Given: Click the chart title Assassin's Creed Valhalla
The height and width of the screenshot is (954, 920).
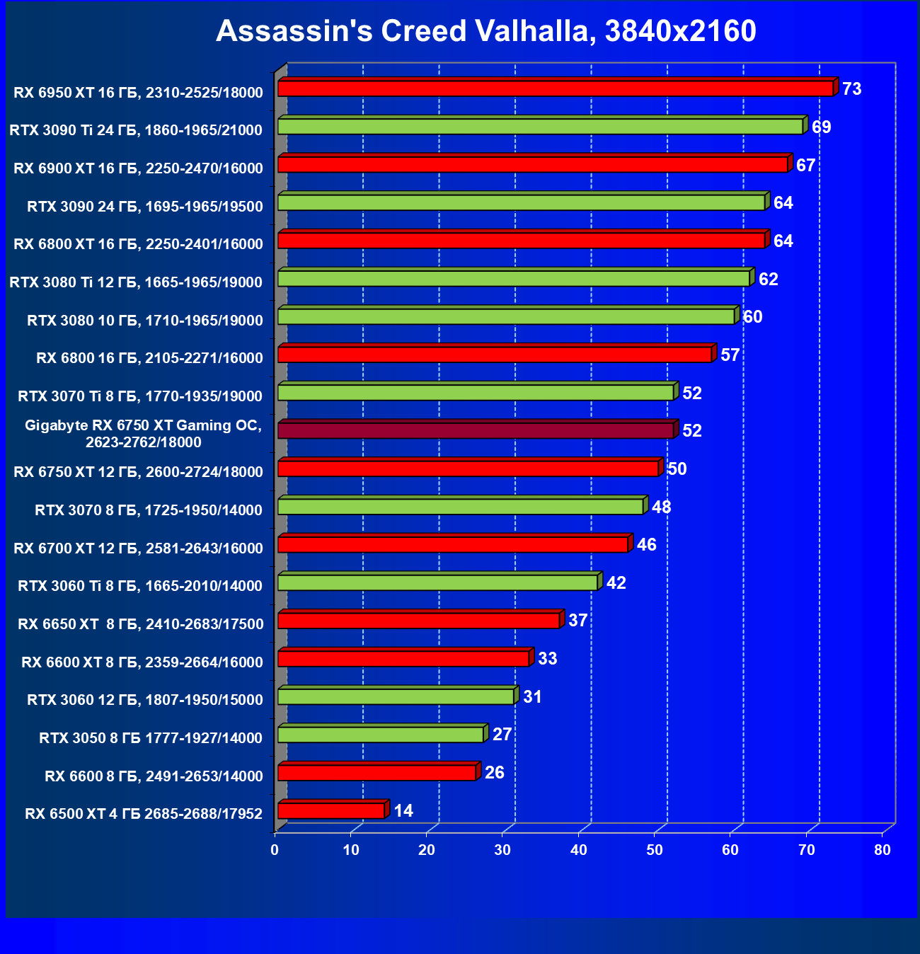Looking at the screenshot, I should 485,31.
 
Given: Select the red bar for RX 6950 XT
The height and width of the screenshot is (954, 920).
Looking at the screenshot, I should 556,88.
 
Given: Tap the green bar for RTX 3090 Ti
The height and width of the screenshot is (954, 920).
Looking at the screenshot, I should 540,127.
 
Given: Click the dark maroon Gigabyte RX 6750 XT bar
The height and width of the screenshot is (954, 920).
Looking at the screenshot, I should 476,430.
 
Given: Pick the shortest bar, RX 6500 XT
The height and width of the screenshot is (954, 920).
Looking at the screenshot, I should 331,810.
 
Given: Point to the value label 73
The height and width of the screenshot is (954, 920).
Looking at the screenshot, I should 851,89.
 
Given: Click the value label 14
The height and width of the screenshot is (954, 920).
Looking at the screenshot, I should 403,811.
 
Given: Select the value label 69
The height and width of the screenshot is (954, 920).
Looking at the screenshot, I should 821,127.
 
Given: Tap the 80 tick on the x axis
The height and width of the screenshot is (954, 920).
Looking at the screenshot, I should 882,850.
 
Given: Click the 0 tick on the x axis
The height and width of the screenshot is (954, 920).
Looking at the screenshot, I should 275,850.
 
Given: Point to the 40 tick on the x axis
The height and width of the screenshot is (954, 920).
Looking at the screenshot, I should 579,850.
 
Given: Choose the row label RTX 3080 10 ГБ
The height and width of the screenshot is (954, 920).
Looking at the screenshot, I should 145,321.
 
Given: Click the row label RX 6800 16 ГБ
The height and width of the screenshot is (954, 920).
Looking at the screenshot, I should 149,358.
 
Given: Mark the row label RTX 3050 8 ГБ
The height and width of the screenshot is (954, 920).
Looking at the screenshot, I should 151,738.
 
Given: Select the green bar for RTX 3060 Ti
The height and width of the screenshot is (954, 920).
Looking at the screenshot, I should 437,582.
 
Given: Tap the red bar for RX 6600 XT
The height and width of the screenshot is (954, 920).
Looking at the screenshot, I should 403,659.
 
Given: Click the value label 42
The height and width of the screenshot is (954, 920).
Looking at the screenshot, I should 616,583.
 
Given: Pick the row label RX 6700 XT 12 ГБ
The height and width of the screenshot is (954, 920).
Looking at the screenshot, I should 138,548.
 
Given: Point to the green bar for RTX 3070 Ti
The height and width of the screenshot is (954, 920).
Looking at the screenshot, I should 476,392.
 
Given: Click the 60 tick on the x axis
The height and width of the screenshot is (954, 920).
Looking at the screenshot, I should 730,850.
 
